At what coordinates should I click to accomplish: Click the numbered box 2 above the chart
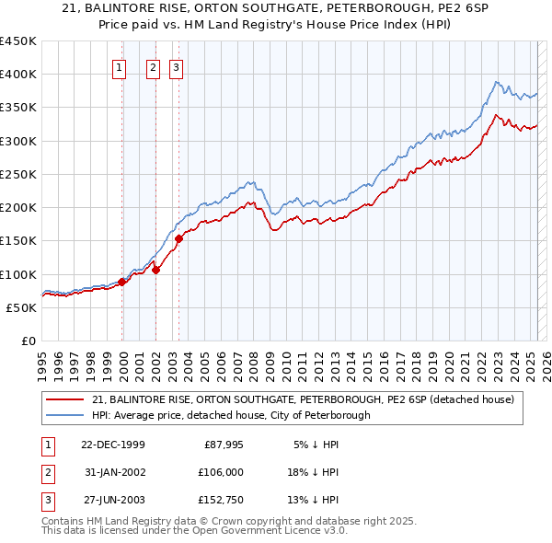pos(153,66)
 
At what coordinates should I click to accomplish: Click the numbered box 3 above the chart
pos(176,66)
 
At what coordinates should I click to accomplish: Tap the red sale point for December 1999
pos(122,282)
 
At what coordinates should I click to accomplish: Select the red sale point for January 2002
pos(156,270)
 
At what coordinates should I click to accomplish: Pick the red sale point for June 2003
pos(178,239)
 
